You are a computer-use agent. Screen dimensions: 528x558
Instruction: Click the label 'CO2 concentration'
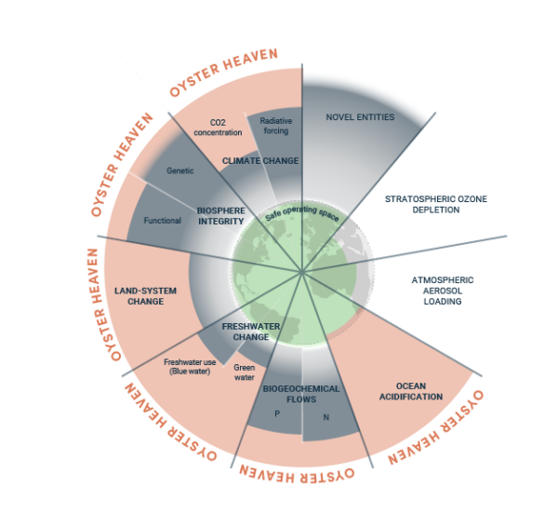(218, 127)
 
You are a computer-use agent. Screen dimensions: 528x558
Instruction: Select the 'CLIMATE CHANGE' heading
(260, 161)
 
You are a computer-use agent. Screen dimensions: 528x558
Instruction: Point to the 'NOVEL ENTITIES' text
(361, 117)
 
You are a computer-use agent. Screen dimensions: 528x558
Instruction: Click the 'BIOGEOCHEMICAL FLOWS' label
(301, 395)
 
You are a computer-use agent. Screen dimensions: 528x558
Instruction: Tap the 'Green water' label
(245, 372)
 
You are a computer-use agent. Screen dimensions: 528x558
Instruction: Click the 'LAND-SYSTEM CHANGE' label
(145, 295)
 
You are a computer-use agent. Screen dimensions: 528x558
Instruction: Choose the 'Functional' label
(162, 221)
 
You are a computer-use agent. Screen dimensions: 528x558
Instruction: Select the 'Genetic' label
(179, 171)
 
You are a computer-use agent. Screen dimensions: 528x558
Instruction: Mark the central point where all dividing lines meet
(302, 272)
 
